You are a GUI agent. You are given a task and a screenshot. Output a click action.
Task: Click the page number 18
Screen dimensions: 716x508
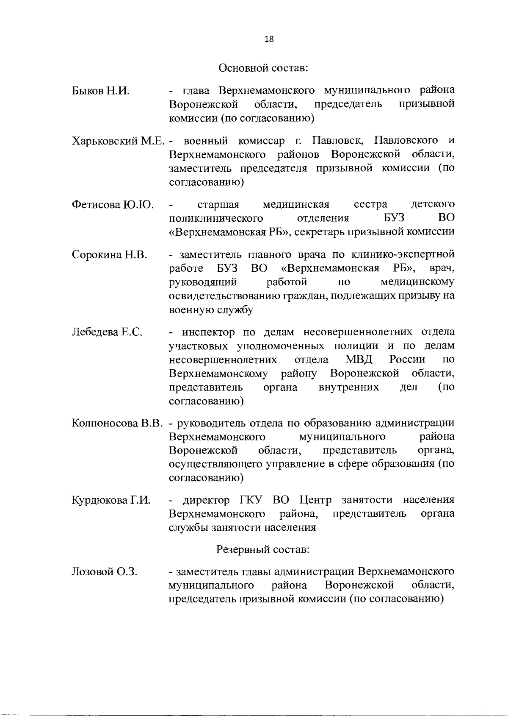click(x=269, y=39)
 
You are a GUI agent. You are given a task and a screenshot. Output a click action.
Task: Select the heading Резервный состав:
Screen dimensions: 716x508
click(x=263, y=550)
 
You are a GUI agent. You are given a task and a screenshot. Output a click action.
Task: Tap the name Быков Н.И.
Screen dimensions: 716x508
click(x=100, y=91)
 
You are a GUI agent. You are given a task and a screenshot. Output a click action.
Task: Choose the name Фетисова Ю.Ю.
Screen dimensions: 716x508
click(x=113, y=205)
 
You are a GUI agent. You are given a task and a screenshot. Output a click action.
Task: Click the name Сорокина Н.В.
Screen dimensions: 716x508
click(x=109, y=255)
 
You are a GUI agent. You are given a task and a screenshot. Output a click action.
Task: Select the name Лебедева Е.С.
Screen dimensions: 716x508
click(x=107, y=332)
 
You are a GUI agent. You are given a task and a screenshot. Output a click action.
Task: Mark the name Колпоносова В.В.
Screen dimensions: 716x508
click(x=117, y=423)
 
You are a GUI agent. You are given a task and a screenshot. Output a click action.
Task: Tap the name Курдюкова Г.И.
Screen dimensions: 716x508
click(x=111, y=500)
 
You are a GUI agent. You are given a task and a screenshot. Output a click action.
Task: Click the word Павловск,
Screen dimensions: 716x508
click(x=337, y=140)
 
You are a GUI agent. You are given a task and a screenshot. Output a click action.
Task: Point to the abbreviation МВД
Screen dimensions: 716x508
click(x=359, y=360)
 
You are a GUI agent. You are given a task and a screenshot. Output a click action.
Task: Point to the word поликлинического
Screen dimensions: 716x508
click(x=216, y=218)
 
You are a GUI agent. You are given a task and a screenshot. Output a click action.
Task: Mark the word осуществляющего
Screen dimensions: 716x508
click(x=215, y=464)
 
